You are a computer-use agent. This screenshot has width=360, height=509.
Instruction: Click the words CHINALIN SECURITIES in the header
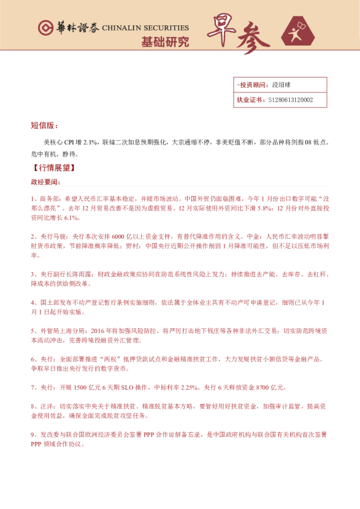[x=145, y=28]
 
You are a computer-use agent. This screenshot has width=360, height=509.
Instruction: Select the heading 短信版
[x=44, y=126]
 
